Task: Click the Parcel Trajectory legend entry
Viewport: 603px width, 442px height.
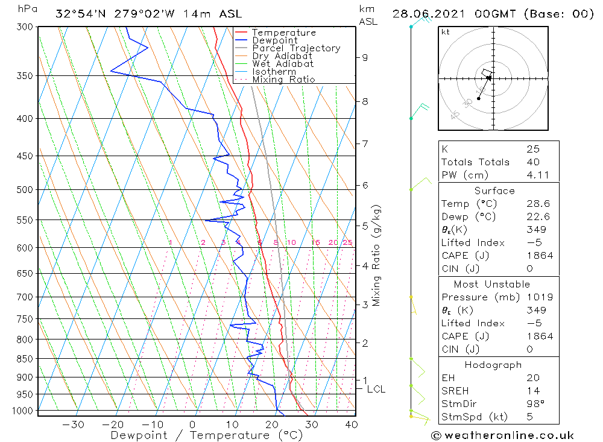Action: click(296, 48)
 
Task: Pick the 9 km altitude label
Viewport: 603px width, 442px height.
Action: click(365, 57)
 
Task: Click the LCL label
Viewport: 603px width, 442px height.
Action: click(376, 390)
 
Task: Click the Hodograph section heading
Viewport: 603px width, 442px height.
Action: click(493, 365)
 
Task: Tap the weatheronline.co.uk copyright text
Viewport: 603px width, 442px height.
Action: click(502, 435)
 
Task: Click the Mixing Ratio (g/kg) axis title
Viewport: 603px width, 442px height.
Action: click(377, 255)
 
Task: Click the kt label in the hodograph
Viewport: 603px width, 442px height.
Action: click(446, 33)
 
